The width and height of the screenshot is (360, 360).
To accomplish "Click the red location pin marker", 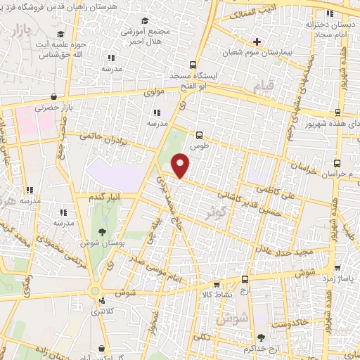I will coord(181,166).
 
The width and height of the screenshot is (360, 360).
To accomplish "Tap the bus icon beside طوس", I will coord(200,134).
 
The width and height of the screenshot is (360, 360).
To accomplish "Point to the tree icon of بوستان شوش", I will coord(103,232).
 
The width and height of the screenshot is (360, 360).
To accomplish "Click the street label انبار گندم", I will coord(101,196).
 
